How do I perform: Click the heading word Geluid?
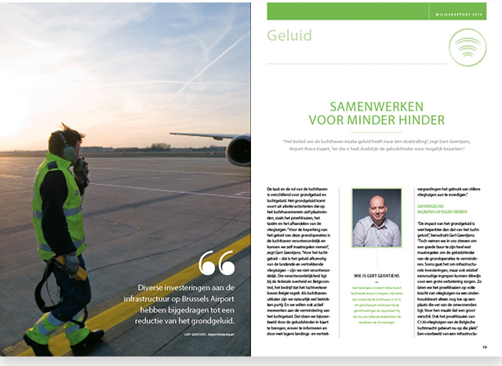(x=289, y=35)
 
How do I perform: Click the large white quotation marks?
(x=216, y=263)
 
